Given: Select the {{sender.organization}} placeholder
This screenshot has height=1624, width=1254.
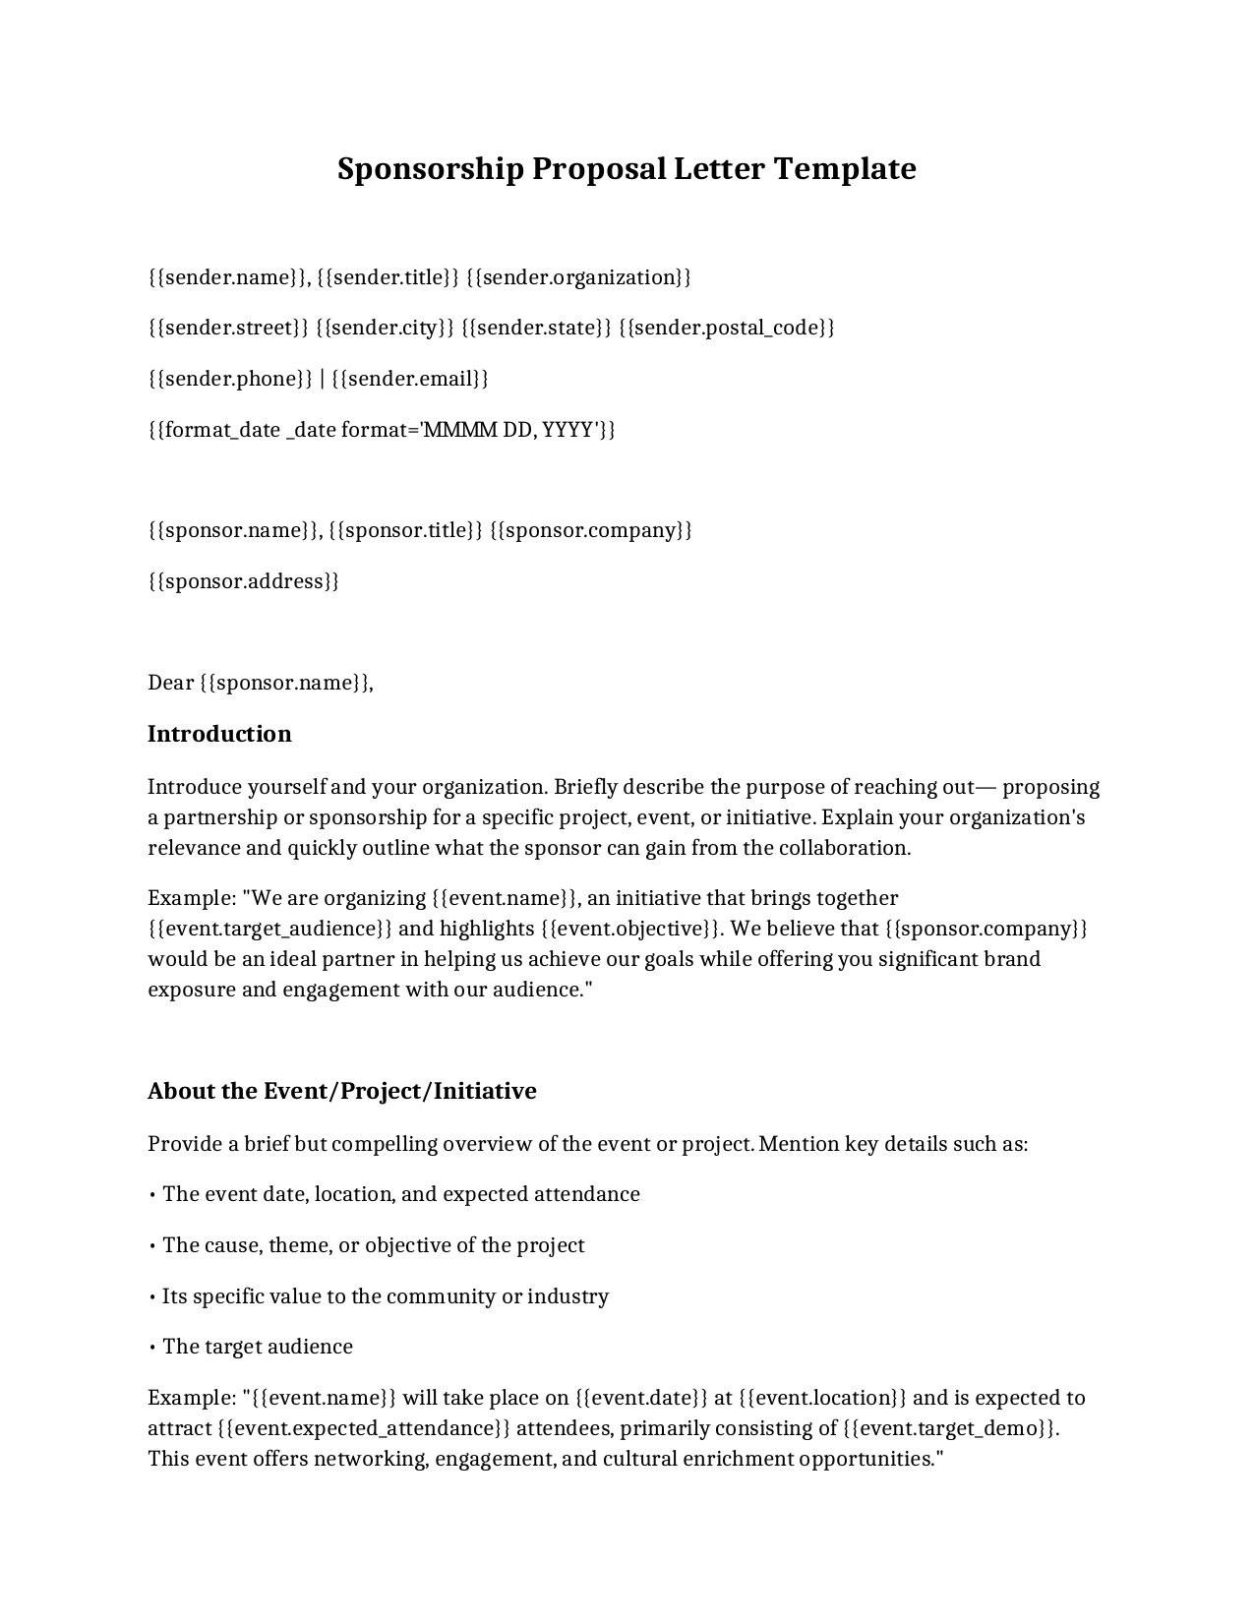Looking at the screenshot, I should [x=578, y=277].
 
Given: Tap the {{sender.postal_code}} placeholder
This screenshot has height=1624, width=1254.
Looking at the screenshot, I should [x=727, y=328].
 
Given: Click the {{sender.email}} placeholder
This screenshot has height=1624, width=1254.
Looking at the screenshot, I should [x=410, y=379].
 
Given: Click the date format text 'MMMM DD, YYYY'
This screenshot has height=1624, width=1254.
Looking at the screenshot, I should [x=510, y=430].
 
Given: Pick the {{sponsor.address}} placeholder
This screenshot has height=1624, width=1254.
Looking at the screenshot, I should [x=244, y=581].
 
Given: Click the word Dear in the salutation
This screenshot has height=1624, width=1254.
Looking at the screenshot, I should [x=171, y=683].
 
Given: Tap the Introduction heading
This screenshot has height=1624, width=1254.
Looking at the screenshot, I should [x=219, y=735].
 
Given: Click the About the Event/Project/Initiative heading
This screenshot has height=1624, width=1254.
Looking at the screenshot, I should [x=342, y=1092].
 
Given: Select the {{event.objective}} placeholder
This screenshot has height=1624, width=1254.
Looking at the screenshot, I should [x=630, y=930].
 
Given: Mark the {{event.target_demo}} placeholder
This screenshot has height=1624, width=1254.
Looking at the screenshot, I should [x=950, y=1429].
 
